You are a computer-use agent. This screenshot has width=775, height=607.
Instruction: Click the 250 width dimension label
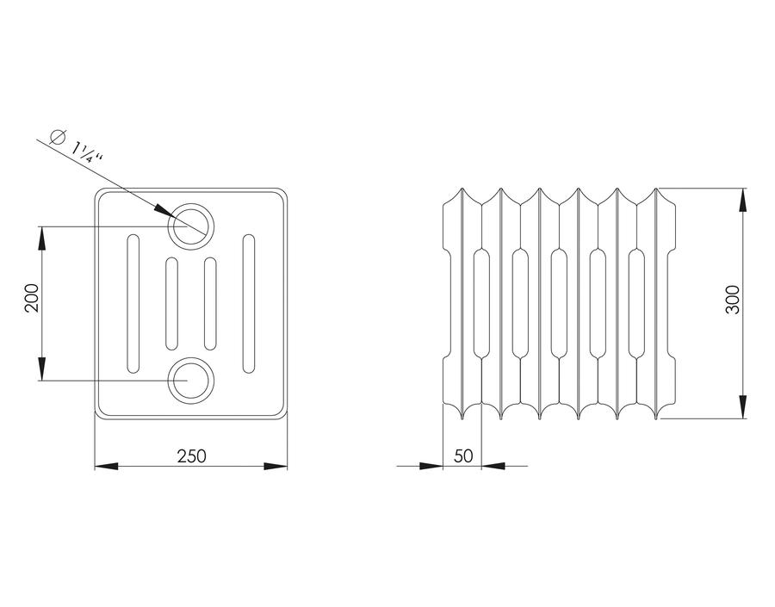click(x=192, y=455)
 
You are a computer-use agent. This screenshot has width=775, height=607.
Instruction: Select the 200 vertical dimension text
click(x=32, y=298)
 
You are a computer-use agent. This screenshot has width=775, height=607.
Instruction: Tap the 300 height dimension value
click(x=733, y=300)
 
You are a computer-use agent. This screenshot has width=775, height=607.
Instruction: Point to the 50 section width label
click(x=463, y=455)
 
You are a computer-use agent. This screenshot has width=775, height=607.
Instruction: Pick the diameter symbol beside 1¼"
click(x=58, y=135)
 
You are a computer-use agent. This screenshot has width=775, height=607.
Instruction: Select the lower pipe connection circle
click(x=191, y=381)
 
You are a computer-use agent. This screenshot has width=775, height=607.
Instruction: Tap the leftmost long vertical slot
click(x=133, y=303)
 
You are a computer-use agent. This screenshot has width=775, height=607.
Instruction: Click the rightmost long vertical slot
click(x=249, y=303)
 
